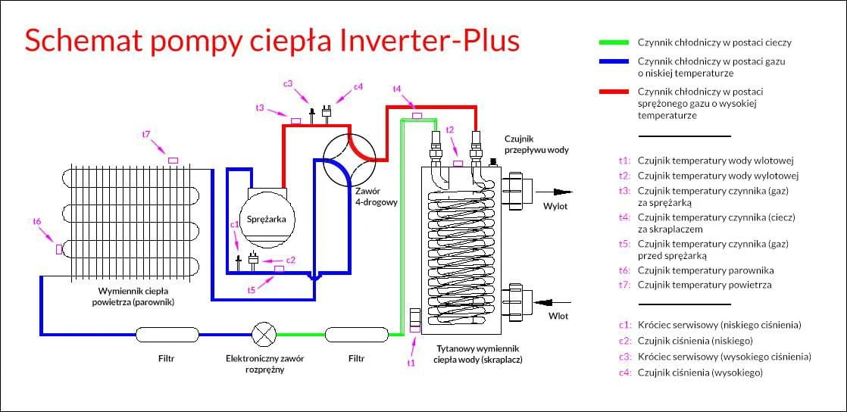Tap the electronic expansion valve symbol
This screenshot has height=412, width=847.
(x=263, y=333)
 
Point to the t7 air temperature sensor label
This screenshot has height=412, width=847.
(x=146, y=134)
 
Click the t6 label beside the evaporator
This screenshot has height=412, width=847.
(x=36, y=221)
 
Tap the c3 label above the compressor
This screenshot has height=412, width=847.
(x=288, y=83)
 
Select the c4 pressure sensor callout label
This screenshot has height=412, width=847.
(x=358, y=86)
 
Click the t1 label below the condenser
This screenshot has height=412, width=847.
(x=411, y=363)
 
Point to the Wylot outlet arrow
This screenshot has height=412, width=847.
(x=557, y=192)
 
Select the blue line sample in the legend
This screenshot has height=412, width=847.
(x=613, y=61)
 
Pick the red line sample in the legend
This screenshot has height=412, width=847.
(x=613, y=92)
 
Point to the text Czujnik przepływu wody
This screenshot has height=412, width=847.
(x=536, y=144)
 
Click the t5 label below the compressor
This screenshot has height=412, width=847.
(x=252, y=289)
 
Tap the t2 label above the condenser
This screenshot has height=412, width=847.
(x=450, y=130)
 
